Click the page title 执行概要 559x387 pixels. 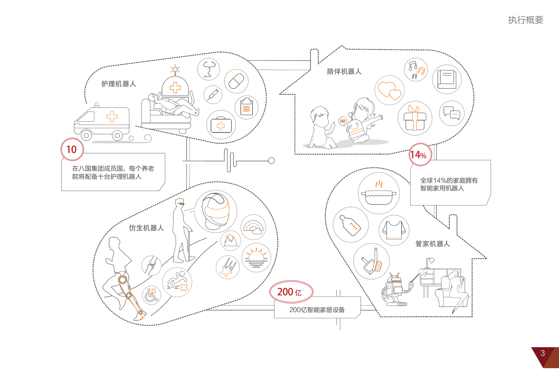tap(526, 20)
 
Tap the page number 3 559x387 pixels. tap(543, 353)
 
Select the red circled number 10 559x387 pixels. tap(72, 149)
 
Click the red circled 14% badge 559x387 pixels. tap(418, 155)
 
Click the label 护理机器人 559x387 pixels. tap(119, 84)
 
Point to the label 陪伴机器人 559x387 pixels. tap(344, 72)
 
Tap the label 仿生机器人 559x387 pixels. tap(146, 228)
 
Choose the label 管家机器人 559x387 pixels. tap(433, 244)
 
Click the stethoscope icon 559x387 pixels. tap(209, 69)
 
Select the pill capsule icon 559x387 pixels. tap(236, 81)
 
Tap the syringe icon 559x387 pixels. tap(213, 94)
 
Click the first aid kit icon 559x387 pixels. tap(221, 125)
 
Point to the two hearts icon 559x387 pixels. tap(389, 91)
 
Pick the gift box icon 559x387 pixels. tap(415, 118)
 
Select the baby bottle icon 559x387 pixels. tap(350, 225)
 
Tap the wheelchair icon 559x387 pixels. tap(151, 295)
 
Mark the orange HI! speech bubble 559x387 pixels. tap(342, 121)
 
